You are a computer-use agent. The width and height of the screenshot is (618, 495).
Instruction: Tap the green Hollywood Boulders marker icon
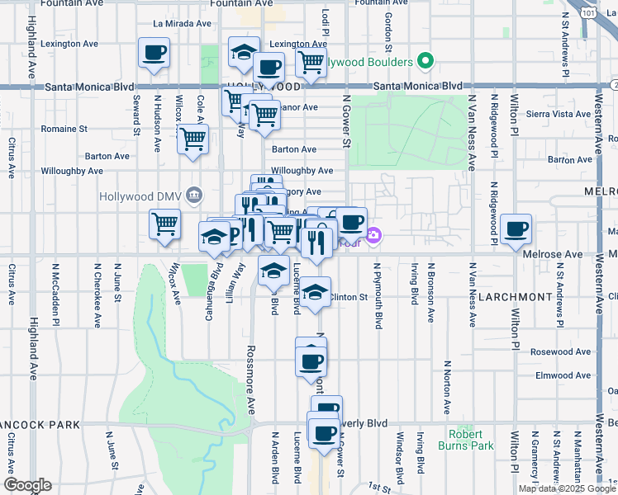click(x=426, y=61)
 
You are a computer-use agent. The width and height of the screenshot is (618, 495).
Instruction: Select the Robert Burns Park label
click(x=471, y=440)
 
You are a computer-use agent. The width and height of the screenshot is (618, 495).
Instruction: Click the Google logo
click(x=27, y=485)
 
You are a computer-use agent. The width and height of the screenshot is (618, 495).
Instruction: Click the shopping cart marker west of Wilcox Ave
click(x=165, y=223)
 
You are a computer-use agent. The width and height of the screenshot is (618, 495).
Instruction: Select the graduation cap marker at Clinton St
click(x=315, y=294)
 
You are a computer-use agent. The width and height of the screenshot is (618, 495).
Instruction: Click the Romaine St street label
click(x=65, y=129)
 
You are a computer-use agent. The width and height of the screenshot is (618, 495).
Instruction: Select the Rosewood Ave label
click(x=561, y=352)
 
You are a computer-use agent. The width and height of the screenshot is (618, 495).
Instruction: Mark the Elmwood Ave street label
click(x=562, y=375)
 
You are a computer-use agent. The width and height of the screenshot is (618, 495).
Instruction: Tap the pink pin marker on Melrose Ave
click(x=373, y=237)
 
